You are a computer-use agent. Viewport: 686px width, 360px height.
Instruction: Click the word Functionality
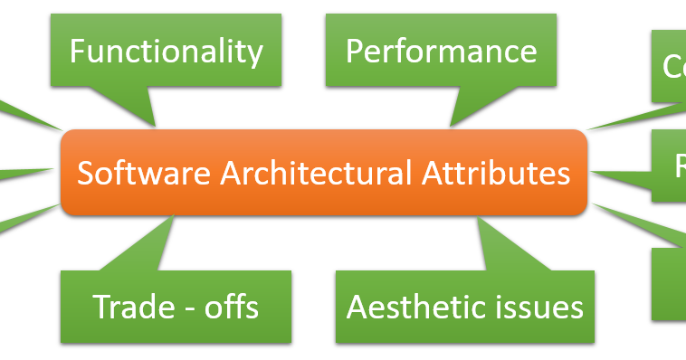pos(166,51)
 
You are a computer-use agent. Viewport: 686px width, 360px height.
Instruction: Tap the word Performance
pos(441,51)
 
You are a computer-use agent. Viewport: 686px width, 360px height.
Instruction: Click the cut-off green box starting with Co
pos(669,65)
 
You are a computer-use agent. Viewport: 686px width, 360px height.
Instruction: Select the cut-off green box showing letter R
pos(671,166)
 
